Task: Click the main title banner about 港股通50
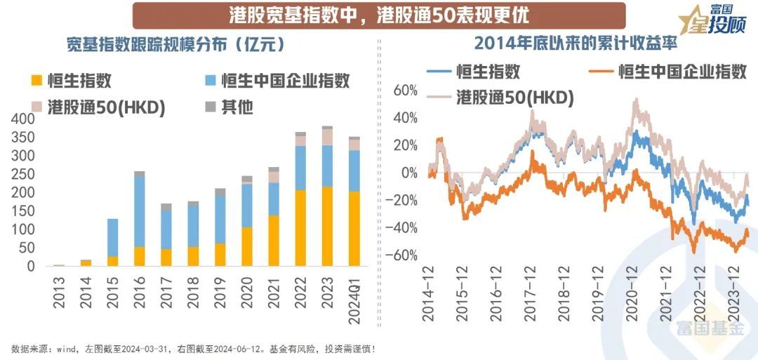(x=379, y=15)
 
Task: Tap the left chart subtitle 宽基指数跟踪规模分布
(x=175, y=45)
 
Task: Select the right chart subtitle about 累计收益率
(x=575, y=44)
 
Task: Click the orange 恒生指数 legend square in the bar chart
(x=36, y=80)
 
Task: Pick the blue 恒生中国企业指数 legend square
(x=211, y=80)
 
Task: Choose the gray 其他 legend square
(x=211, y=107)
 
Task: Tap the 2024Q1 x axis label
(x=355, y=300)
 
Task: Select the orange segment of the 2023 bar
(x=328, y=226)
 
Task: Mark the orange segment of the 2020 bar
(x=247, y=246)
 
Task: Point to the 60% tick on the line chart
(x=406, y=91)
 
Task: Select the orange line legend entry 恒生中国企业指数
(x=668, y=72)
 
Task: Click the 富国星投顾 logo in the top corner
(x=713, y=20)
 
